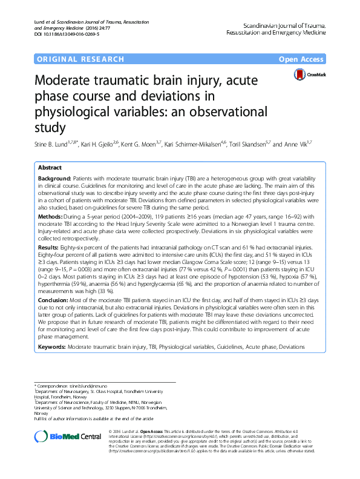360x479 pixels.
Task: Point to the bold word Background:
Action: (x=54, y=179)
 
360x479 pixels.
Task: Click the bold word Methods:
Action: (x=50, y=216)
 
